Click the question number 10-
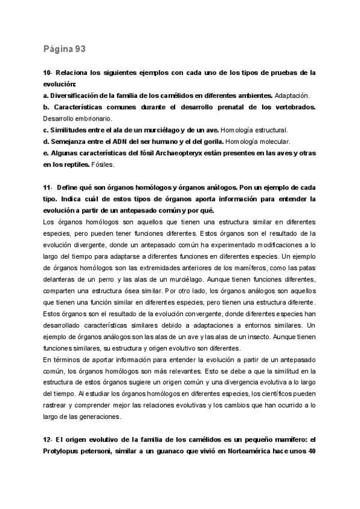pos(49,73)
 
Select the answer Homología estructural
pos(254,130)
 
